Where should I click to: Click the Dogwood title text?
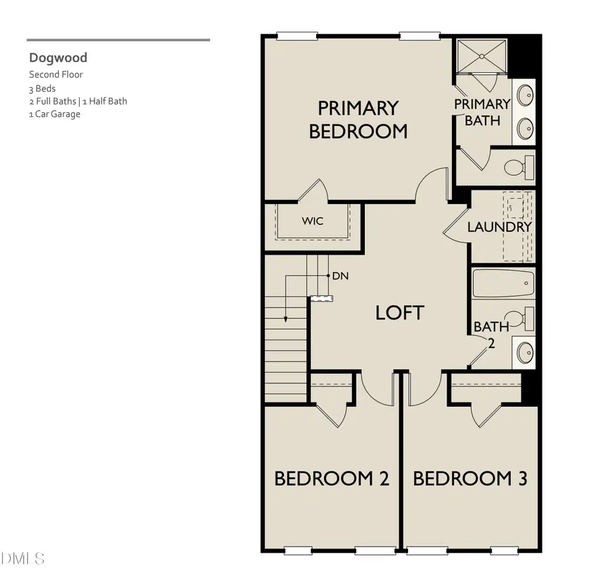pos(57,58)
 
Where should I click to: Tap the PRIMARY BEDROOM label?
pos(358,119)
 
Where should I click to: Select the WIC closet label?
pos(312,221)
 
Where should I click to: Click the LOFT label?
pos(400,313)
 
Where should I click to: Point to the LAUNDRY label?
pos(499,227)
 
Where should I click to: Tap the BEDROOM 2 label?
pos(331,479)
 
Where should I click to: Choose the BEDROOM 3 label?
pos(470,479)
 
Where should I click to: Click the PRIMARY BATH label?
pos(482,112)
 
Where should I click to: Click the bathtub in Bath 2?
pos(503,284)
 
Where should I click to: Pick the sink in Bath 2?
pos(524,352)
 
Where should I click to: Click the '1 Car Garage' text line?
pos(55,114)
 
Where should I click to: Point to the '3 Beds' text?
pos(42,88)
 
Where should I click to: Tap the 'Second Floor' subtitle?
pos(56,75)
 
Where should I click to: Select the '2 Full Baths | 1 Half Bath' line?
pos(78,101)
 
